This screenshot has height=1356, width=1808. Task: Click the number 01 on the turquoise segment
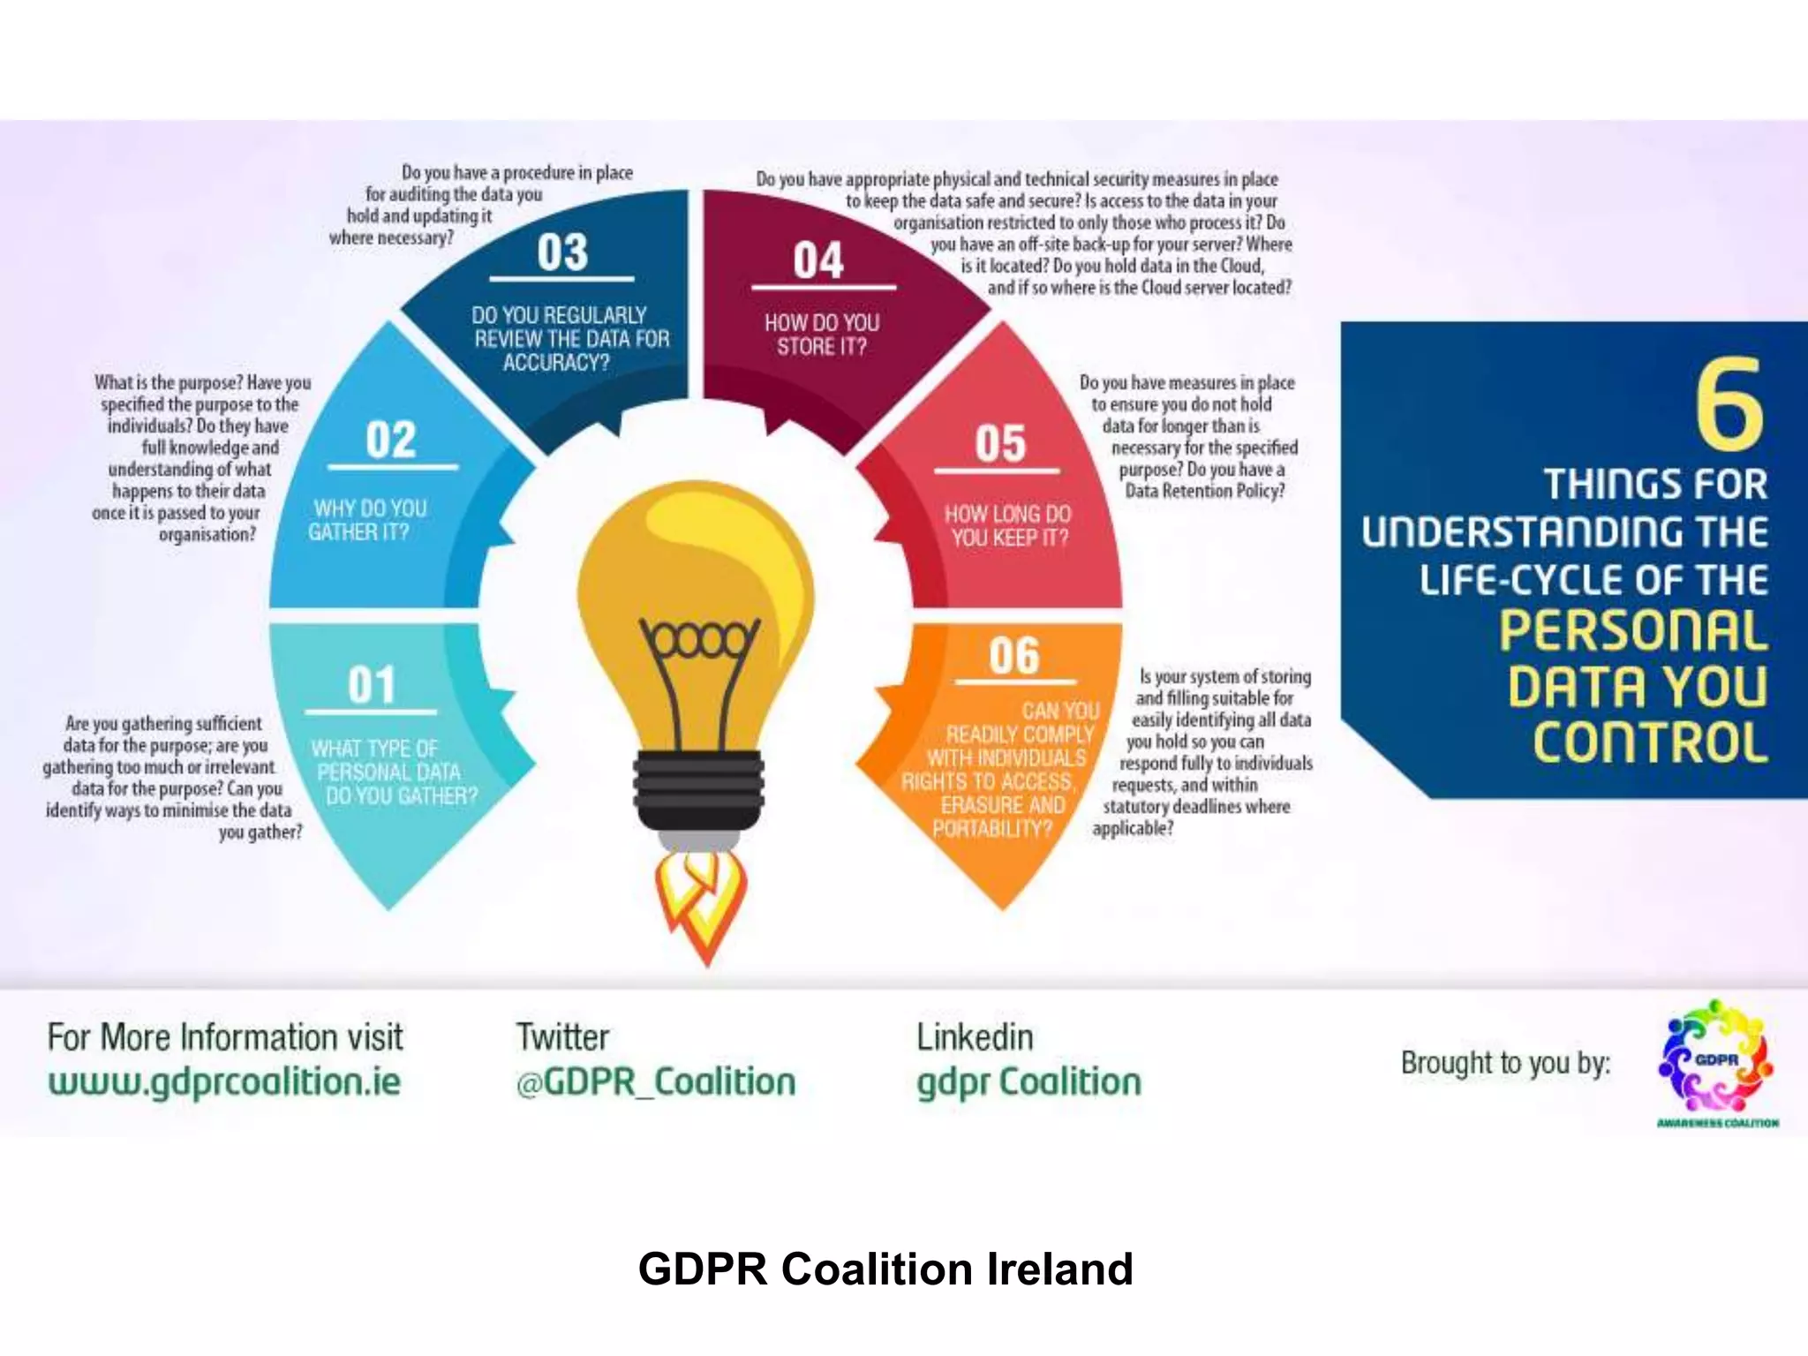(x=372, y=685)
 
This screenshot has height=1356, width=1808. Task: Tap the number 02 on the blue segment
(x=391, y=440)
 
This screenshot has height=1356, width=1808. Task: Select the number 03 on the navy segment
(x=562, y=252)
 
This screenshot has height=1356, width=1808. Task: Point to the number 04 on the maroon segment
(x=818, y=261)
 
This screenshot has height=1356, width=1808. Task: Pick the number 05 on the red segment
(x=1000, y=443)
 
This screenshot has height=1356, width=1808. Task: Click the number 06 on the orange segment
(x=1014, y=656)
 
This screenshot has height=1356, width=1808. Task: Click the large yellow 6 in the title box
(x=1729, y=405)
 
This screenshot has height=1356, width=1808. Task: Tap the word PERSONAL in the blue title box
(x=1633, y=630)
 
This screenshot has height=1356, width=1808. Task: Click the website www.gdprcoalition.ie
(x=224, y=1081)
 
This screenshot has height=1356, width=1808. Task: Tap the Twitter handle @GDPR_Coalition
(x=656, y=1081)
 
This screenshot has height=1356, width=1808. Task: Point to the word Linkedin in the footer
(x=975, y=1037)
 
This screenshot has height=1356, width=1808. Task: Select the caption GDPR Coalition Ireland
(x=885, y=1269)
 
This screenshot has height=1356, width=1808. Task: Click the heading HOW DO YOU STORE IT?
(x=822, y=335)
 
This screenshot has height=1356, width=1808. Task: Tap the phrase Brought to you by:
(x=1505, y=1063)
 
